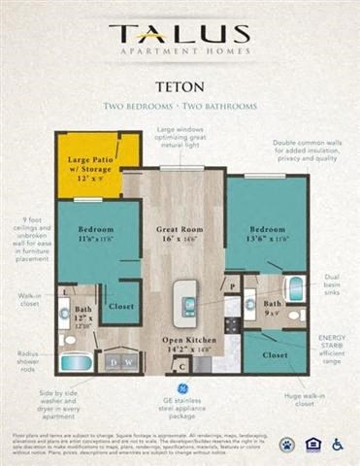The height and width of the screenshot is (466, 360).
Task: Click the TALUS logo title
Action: (180, 34)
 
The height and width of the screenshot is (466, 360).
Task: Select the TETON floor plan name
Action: (180, 84)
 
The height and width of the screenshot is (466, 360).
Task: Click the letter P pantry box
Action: (233, 286)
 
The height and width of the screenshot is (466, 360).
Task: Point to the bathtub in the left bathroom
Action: (77, 362)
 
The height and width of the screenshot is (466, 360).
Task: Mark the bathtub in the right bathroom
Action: (295, 288)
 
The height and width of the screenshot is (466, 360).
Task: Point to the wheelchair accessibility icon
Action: (338, 445)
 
